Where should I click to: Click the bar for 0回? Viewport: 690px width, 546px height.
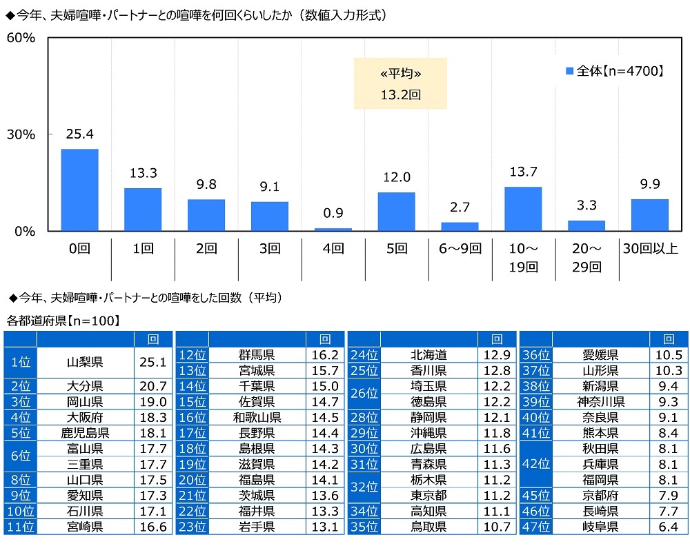click(x=79, y=190)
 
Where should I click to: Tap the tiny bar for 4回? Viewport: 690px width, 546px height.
click(x=333, y=229)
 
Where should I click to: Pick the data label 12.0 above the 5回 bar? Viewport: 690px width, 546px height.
click(x=397, y=178)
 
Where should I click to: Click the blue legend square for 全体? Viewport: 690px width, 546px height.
click(x=570, y=70)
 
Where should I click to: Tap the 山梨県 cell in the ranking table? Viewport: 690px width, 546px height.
click(x=85, y=362)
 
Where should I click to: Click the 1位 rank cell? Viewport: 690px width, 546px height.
click(x=20, y=362)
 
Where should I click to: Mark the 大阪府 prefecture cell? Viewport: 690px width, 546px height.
click(x=85, y=418)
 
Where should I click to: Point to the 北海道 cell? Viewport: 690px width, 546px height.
click(x=428, y=355)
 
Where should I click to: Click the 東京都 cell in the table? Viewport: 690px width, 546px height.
click(x=428, y=495)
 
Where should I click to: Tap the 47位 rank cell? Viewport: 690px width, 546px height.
click(x=535, y=527)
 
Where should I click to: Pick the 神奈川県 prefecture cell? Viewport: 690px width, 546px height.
click(x=600, y=402)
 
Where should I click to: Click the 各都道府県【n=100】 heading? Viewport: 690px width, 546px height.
click(x=63, y=321)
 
